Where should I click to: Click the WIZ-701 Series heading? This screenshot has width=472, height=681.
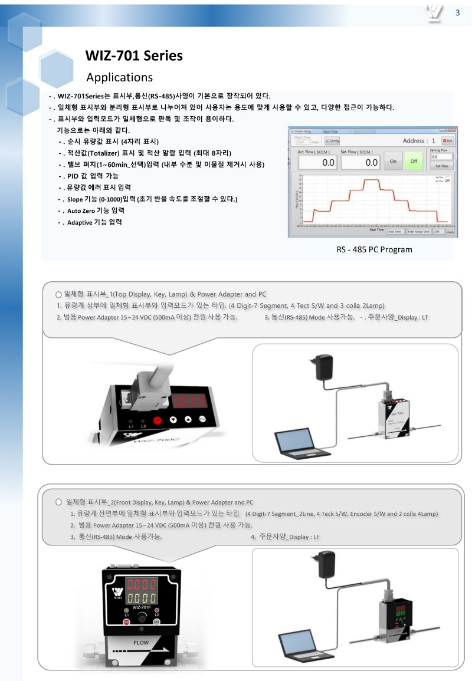[134, 56]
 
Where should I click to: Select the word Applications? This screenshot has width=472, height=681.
[119, 77]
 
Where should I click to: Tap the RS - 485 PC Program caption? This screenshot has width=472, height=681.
[374, 249]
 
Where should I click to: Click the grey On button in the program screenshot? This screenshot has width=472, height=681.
[392, 161]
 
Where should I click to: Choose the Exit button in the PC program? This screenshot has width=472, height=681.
[447, 141]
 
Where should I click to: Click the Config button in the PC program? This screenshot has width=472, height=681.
[332, 141]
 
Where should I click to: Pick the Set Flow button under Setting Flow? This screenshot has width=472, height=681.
[441, 166]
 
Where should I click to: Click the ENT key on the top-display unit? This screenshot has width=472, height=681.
[202, 419]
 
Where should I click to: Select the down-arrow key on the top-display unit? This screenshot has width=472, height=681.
[173, 419]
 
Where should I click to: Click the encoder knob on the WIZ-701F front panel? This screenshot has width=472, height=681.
[142, 617]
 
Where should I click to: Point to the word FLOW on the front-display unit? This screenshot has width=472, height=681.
[141, 643]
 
